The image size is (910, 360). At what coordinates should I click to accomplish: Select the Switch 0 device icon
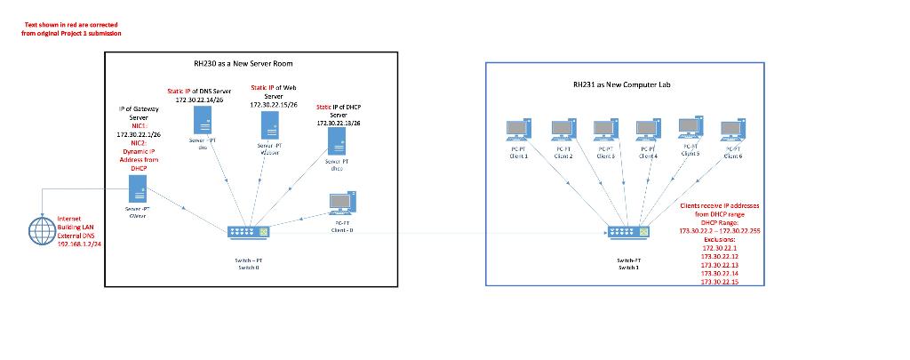tap(248, 232)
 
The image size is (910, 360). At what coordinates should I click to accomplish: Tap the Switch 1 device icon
tap(627, 232)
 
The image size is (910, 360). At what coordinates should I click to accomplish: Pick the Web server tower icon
tap(269, 124)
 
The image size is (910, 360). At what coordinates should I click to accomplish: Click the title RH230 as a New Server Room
tap(243, 63)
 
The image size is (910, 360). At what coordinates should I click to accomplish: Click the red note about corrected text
tap(71, 29)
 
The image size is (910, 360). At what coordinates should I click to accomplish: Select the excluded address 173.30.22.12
tap(720, 256)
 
